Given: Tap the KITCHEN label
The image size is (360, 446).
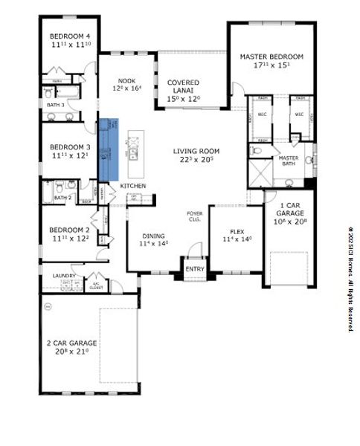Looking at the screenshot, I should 132,185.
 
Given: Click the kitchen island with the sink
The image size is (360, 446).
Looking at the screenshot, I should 135,146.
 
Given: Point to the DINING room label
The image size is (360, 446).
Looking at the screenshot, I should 152,238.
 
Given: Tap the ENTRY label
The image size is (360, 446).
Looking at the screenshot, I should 195,269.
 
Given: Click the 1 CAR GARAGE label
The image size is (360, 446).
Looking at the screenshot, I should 287,208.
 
